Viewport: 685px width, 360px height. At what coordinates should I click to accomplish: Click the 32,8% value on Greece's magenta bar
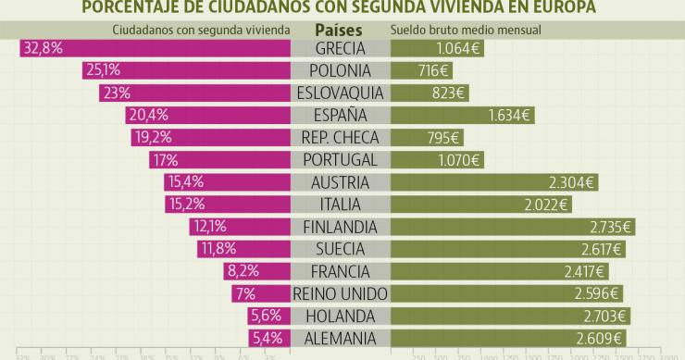pos(43,48)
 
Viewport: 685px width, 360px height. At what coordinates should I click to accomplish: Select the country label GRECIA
pos(340,48)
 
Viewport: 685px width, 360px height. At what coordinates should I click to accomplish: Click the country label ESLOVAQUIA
pos(340,93)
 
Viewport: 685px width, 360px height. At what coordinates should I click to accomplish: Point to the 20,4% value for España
pos(148,115)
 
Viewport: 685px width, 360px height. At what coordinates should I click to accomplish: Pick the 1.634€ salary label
pos(509,115)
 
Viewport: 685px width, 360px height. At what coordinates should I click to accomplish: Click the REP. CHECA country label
pos(340,137)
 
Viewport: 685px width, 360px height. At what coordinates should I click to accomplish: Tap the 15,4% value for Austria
pos(184,181)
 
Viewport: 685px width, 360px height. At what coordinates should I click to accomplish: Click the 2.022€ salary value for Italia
pos(548,204)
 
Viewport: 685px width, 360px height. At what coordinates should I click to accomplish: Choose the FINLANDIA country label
pos(340,226)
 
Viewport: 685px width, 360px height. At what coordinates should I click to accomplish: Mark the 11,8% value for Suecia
pos(218,248)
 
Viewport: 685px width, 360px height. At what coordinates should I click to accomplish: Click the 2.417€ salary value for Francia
pos(584,271)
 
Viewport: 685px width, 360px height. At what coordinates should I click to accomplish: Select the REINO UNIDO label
pos(340,293)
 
